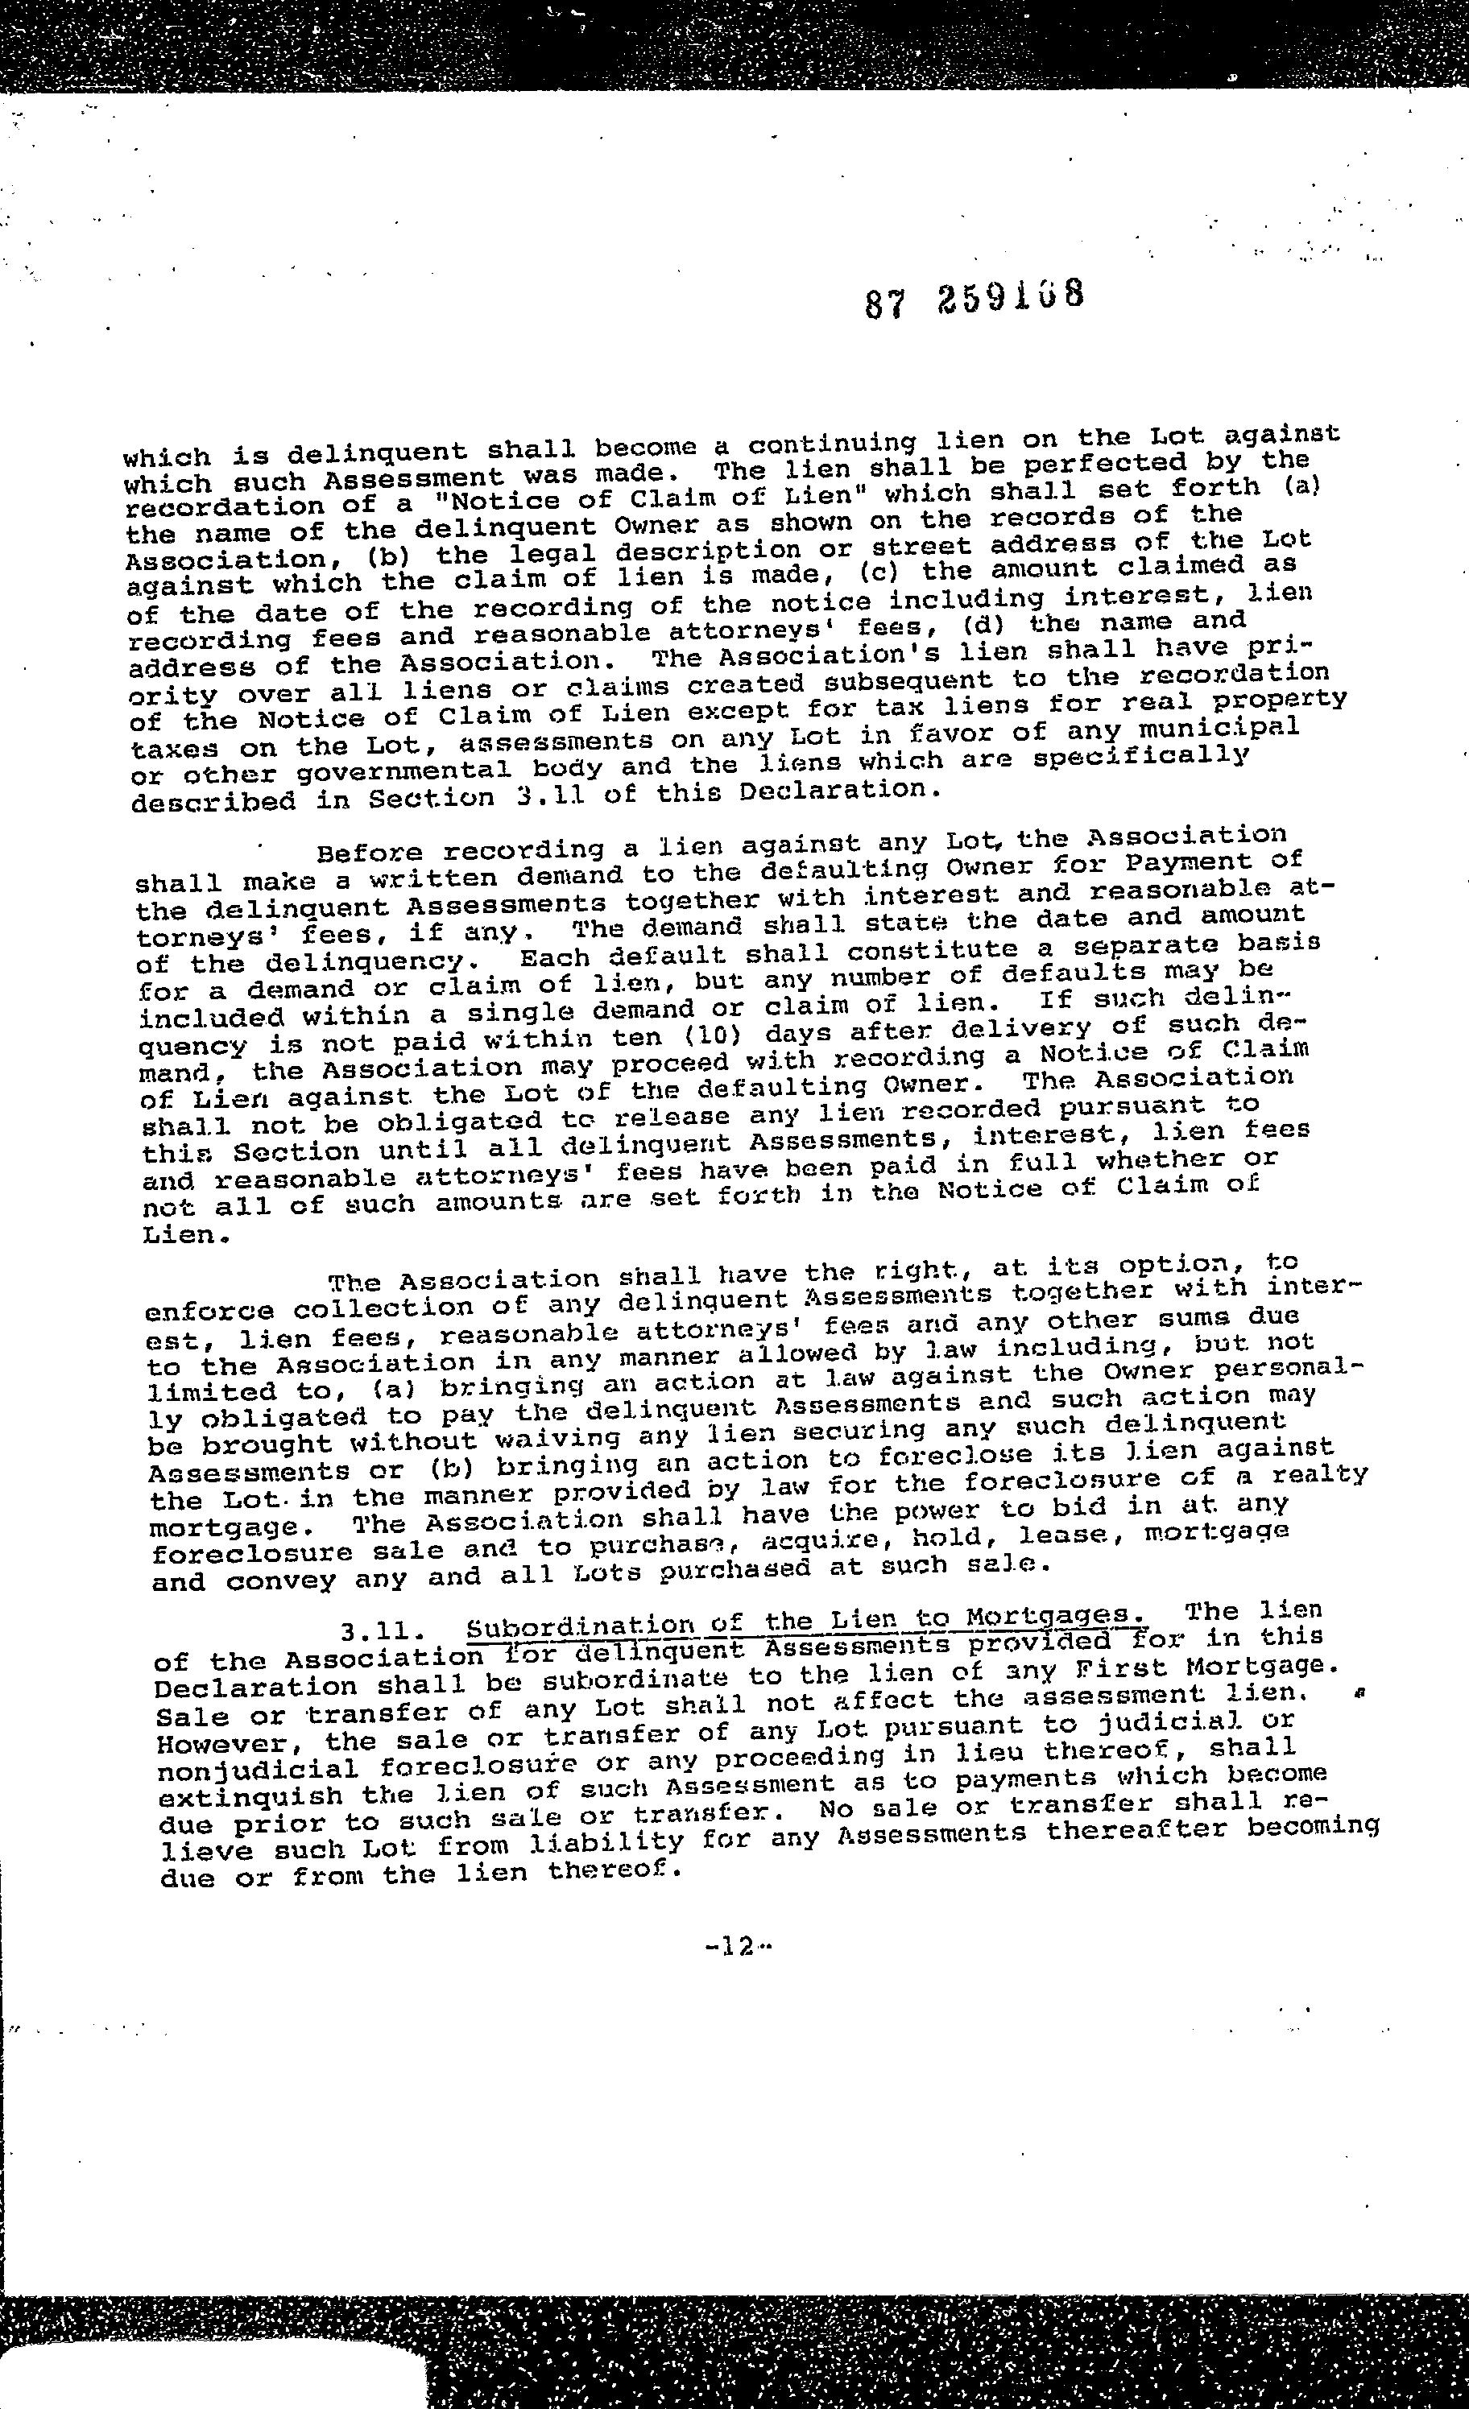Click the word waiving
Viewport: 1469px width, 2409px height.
coord(557,1437)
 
